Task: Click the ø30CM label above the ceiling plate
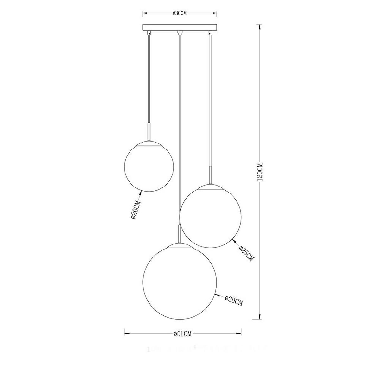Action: (180, 13)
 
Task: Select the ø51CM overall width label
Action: (183, 333)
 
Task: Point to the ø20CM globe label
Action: (135, 208)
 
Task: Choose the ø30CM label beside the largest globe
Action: (233, 300)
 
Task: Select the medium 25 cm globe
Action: (211, 215)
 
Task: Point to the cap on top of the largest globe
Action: (180, 245)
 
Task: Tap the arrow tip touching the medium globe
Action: (233, 239)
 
